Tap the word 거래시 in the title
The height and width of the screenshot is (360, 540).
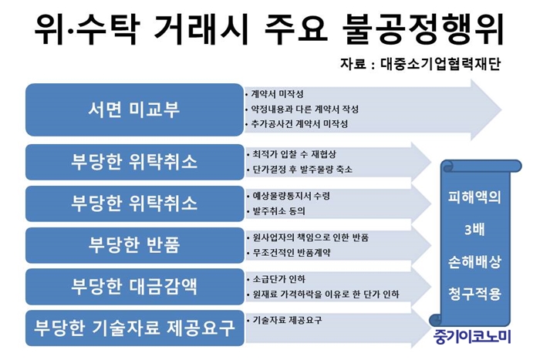coord(201,29)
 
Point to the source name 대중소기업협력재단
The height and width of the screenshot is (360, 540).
coord(440,64)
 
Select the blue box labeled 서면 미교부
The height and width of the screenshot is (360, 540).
coord(135,109)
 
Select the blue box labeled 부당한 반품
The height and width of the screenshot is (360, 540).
coord(135,245)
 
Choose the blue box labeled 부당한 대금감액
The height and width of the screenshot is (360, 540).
coord(135,287)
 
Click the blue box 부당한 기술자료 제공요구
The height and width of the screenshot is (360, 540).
coord(135,328)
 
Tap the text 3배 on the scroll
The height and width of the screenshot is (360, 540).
coord(474,230)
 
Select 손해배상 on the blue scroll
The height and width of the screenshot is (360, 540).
coord(474,262)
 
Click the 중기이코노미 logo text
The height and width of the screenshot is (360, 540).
coord(472,337)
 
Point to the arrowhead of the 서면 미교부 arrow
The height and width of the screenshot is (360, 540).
coord(501,109)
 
